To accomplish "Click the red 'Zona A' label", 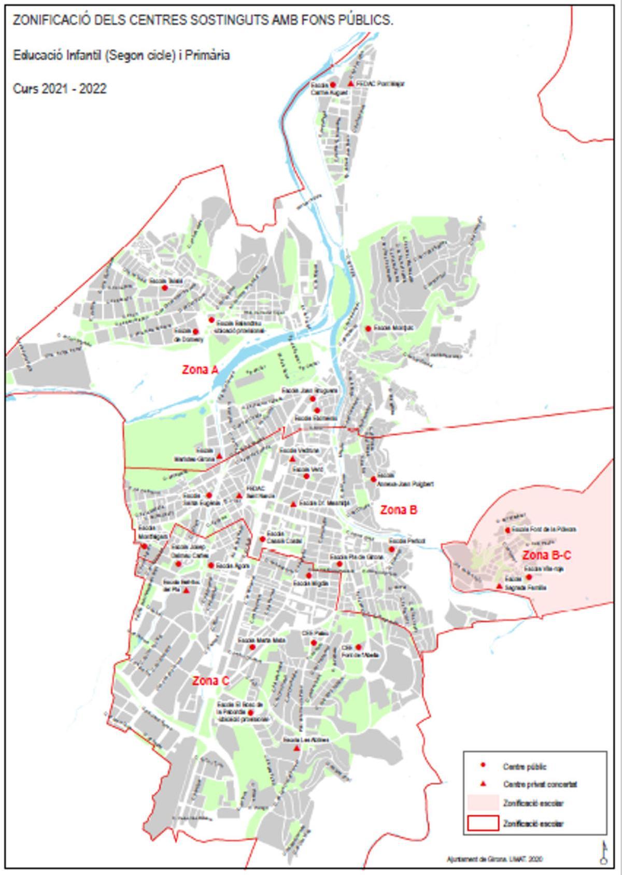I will [200, 370].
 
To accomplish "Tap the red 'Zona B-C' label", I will [546, 556].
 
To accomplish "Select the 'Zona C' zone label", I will [210, 681].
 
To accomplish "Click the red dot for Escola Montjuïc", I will [368, 328].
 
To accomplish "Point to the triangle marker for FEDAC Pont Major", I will [351, 83].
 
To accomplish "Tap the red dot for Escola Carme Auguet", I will [333, 84].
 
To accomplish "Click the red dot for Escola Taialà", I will [165, 288].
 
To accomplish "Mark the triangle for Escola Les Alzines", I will [296, 749].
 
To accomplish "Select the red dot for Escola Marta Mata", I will [252, 647].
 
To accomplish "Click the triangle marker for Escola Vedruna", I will [292, 459].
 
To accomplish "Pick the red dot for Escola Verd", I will [306, 476].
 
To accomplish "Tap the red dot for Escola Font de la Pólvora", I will [508, 530].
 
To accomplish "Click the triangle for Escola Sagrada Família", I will [499, 586].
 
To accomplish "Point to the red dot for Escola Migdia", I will [309, 575].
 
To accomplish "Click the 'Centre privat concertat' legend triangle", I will [483, 783].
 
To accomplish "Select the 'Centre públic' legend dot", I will [483, 765].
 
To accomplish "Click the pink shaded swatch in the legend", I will [483, 802].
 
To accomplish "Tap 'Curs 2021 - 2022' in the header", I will [60, 89].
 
